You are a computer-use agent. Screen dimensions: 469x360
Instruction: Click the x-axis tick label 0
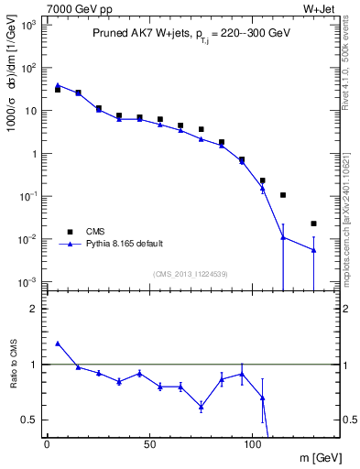click(x=47, y=445)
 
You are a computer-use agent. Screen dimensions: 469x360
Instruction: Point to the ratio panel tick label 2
click(x=30, y=309)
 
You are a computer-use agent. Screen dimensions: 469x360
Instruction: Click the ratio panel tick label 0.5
click(x=27, y=420)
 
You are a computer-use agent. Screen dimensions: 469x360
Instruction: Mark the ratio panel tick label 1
click(x=30, y=365)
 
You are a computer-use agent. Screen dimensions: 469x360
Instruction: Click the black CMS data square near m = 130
click(x=313, y=224)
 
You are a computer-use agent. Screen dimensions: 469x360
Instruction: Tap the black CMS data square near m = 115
click(x=283, y=195)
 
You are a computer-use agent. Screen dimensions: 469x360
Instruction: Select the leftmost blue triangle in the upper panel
click(x=58, y=85)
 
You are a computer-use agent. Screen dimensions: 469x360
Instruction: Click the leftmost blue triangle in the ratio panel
click(x=58, y=344)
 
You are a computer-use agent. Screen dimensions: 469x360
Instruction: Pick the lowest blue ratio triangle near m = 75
click(x=201, y=407)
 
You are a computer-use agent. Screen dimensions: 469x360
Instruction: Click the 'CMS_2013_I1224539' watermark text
click(x=191, y=273)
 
